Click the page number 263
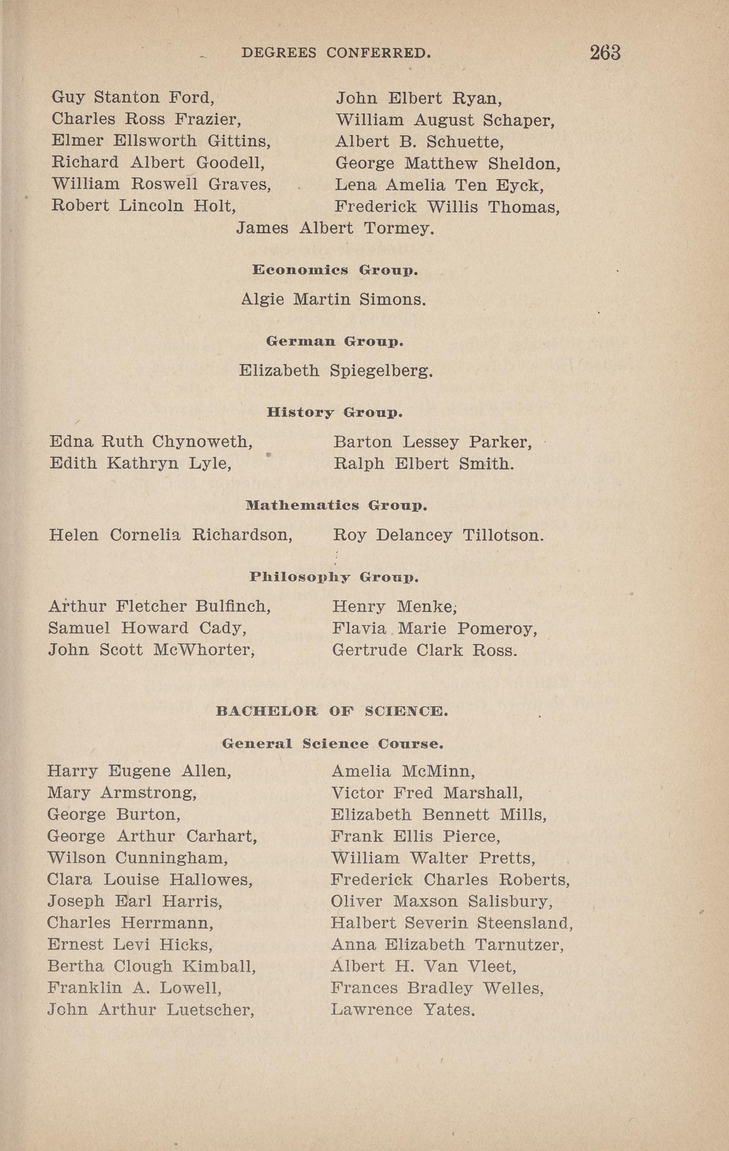pos(605,52)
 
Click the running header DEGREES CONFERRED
pos(336,53)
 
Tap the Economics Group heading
pos(335,270)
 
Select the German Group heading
pos(335,341)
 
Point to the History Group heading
pos(335,413)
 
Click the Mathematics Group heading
pos(336,505)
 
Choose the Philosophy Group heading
pos(334,577)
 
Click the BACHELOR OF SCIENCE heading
pos(332,711)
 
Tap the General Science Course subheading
pos(333,744)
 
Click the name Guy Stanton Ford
pos(133,98)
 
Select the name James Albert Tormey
pos(335,228)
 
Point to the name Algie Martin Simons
pos(334,299)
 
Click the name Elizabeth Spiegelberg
pos(336,371)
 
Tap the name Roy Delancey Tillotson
pos(438,535)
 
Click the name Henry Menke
pos(394,606)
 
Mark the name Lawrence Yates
pos(403,1010)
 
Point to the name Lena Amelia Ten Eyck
pos(439,186)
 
